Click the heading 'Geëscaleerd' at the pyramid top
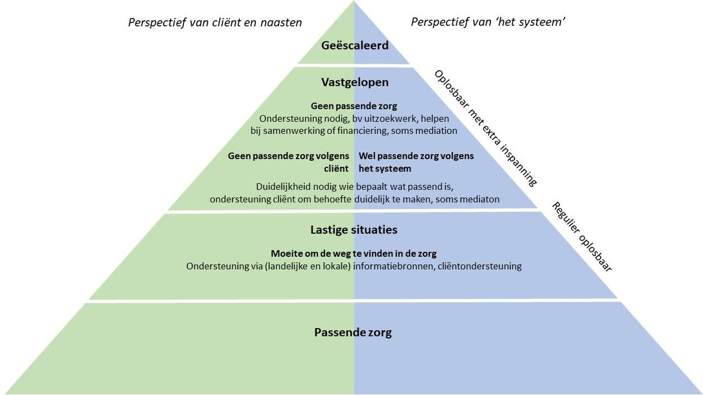pyautogui.click(x=355, y=46)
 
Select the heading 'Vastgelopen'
pyautogui.click(x=355, y=82)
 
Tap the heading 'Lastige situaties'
pyautogui.click(x=354, y=230)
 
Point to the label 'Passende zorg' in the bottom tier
pyautogui.click(x=353, y=332)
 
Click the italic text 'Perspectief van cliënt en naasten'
pyautogui.click(x=215, y=22)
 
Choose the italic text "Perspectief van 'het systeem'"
pyautogui.click(x=488, y=22)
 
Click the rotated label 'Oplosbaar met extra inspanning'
pyautogui.click(x=485, y=128)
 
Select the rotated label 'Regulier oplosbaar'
pyautogui.click(x=582, y=237)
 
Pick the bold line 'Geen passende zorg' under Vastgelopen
pyautogui.click(x=354, y=106)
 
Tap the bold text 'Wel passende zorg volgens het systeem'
pyautogui.click(x=416, y=162)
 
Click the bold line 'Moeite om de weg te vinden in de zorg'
pyautogui.click(x=354, y=253)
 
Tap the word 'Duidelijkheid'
pyautogui.click(x=285, y=187)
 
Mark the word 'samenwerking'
pyautogui.click(x=297, y=130)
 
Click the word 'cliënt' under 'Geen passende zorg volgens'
pyautogui.click(x=336, y=169)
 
